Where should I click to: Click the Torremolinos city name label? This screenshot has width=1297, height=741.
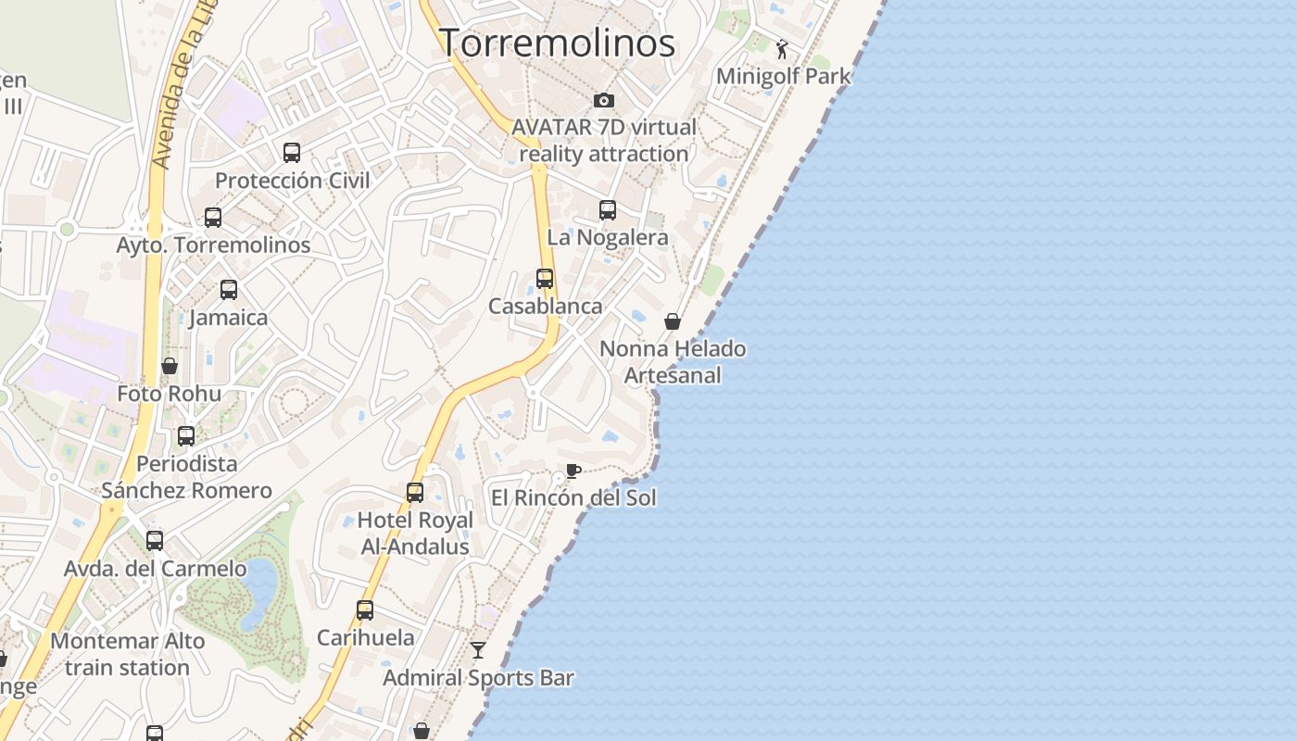pyautogui.click(x=557, y=43)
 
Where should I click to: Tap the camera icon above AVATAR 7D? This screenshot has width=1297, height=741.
pyautogui.click(x=604, y=100)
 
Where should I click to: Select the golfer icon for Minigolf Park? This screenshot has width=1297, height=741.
pyautogui.click(x=783, y=49)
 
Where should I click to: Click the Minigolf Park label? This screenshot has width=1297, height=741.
pyautogui.click(x=783, y=76)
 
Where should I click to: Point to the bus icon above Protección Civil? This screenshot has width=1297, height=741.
pyautogui.click(x=292, y=153)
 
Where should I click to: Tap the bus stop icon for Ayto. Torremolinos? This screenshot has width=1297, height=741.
pyautogui.click(x=213, y=218)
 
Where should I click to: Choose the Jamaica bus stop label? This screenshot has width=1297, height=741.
pyautogui.click(x=228, y=318)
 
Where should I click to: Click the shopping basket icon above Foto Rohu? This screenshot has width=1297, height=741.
pyautogui.click(x=170, y=366)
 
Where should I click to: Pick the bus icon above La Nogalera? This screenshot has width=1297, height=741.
pyautogui.click(x=608, y=210)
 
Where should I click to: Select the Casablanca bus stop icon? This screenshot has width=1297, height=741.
pyautogui.click(x=545, y=279)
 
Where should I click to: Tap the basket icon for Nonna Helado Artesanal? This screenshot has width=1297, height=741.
pyautogui.click(x=673, y=321)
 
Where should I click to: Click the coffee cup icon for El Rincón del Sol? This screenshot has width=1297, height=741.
pyautogui.click(x=573, y=471)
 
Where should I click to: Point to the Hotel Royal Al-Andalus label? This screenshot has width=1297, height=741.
pyautogui.click(x=415, y=534)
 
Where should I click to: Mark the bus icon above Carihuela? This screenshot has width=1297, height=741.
pyautogui.click(x=365, y=610)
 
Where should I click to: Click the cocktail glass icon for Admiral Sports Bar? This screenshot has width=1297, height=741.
pyautogui.click(x=478, y=650)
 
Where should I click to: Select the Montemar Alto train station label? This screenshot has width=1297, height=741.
pyautogui.click(x=127, y=654)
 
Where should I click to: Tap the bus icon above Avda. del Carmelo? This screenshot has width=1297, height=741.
pyautogui.click(x=155, y=540)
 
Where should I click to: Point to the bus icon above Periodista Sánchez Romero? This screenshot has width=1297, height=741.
pyautogui.click(x=186, y=435)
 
